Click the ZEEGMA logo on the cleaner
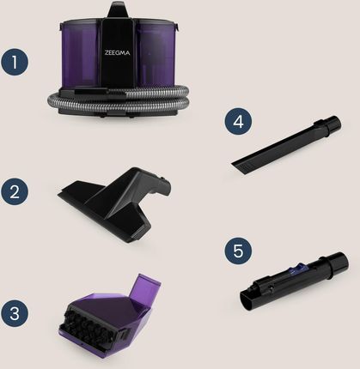click(117, 53)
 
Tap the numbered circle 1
click(15, 63)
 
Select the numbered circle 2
click(15, 191)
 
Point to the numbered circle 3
click(15, 313)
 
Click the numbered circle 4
click(238, 122)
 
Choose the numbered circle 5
click(238, 251)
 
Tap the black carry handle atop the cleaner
click(119, 10)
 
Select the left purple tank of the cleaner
click(79, 54)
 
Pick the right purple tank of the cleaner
click(156, 53)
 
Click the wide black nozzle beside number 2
click(114, 203)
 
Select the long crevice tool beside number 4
click(286, 144)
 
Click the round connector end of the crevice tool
click(333, 124)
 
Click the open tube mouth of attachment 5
click(247, 300)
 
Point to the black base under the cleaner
click(118, 111)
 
